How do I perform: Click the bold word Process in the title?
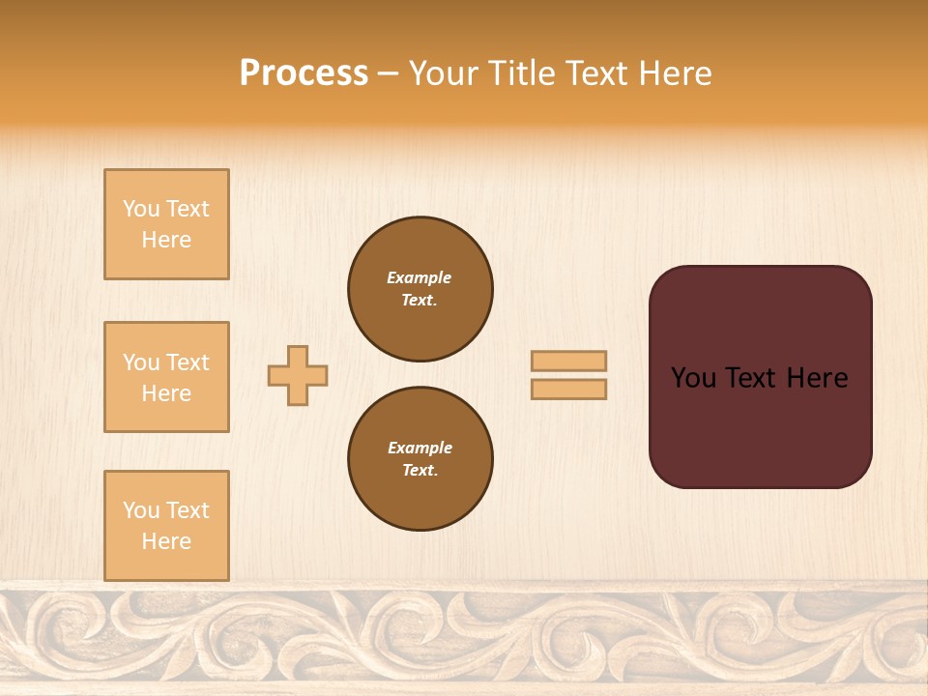304,73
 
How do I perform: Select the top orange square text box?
166,224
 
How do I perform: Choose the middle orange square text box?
166,377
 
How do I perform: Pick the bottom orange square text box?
166,526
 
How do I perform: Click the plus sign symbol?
298,375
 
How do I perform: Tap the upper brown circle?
420,289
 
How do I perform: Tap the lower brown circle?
420,459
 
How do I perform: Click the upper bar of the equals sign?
569,361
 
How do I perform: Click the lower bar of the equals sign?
569,390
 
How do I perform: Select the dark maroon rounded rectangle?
760,425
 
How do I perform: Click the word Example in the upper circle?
420,278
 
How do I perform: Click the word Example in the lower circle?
420,449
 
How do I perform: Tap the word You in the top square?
141,210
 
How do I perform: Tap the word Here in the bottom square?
166,542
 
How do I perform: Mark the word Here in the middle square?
166,393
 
